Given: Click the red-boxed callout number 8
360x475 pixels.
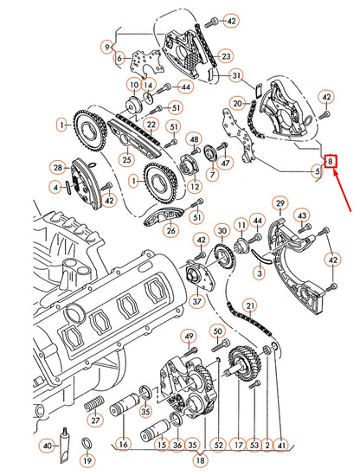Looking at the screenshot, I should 330,161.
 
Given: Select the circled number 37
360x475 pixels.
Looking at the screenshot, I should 196,301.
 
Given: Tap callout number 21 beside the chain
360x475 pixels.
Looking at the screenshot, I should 250,306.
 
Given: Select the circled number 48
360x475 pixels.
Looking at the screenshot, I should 195,139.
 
